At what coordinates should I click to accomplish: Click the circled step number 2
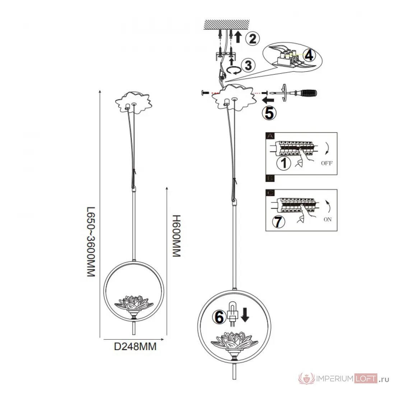(x=252, y=38)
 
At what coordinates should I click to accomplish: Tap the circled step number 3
(x=248, y=65)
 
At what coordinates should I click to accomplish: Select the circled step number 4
(x=309, y=55)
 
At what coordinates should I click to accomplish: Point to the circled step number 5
(x=269, y=113)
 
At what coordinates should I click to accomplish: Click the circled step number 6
(x=219, y=317)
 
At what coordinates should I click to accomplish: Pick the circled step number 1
(x=284, y=163)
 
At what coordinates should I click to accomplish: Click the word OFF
(x=327, y=163)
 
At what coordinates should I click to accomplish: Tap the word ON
(x=327, y=219)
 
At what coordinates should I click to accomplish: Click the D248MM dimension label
(x=135, y=347)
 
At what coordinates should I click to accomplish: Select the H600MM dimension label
(x=176, y=236)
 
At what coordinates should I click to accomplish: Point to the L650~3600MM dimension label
(x=91, y=242)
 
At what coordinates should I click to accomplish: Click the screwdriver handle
(x=309, y=93)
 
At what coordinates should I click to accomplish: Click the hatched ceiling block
(x=227, y=25)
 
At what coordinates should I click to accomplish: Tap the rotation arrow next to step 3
(x=233, y=70)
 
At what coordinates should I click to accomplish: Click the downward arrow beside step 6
(x=245, y=315)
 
